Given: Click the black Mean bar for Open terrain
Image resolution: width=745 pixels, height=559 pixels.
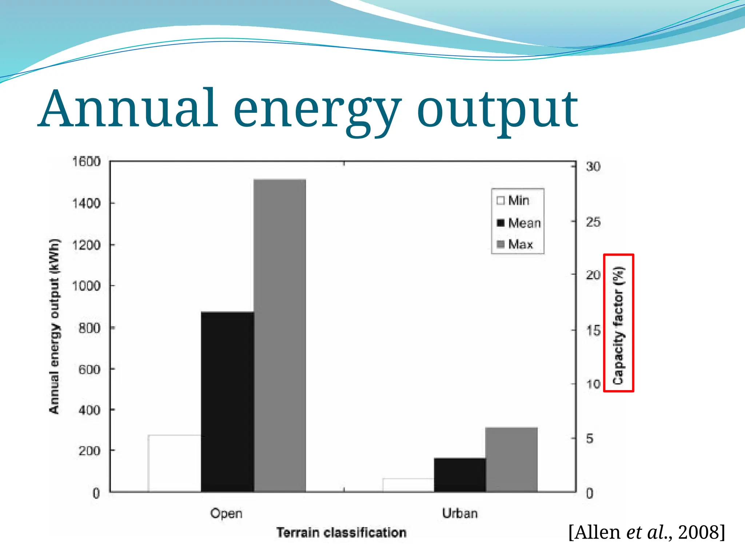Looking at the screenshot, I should point(227,402).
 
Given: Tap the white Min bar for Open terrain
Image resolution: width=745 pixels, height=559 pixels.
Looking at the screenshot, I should point(175,463).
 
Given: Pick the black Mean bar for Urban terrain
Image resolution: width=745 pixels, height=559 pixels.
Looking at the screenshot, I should point(460,475).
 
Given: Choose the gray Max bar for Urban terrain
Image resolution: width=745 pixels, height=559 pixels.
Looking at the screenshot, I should point(511,460).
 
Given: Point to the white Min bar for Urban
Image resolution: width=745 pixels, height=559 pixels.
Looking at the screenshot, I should point(408,485).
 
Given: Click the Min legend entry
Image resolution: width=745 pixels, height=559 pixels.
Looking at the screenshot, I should point(513,201).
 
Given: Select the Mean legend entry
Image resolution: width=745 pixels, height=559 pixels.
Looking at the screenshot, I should point(519,223).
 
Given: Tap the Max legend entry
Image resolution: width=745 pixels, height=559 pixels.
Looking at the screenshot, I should point(515,244).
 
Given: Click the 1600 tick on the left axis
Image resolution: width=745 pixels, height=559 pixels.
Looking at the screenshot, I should point(87,162).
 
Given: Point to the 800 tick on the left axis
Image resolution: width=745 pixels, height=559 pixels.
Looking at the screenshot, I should point(89,328).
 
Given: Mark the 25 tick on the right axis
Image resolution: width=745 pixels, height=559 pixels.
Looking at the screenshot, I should point(593,222).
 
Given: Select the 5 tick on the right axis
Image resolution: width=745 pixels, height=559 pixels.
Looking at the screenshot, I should point(590,439).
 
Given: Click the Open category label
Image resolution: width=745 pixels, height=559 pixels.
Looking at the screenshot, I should point(226,514).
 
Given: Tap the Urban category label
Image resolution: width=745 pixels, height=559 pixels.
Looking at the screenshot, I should point(460,514).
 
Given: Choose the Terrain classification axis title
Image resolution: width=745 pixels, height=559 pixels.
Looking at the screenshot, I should point(341,533).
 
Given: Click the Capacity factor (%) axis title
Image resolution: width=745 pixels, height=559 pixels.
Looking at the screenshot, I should point(618,324).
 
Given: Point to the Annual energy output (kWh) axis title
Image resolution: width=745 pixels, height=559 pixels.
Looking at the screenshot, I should point(55,326).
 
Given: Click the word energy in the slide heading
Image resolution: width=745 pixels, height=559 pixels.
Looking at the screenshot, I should point(317,110).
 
